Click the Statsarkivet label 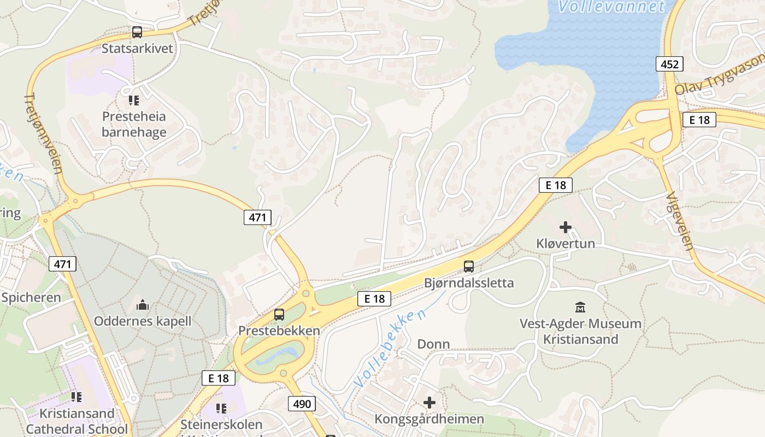[x=137, y=48]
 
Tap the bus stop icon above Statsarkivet [x=137, y=32]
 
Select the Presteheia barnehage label [x=134, y=124]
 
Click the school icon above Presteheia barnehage [x=134, y=101]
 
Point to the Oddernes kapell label [x=143, y=321]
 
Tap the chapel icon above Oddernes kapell [x=143, y=305]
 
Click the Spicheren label [x=31, y=298]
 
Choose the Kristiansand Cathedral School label [x=76, y=421]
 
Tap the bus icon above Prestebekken [x=279, y=315]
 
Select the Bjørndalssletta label [x=469, y=283]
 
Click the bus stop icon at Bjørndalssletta [x=469, y=267]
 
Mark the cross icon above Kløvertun [x=566, y=227]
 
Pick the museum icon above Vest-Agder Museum [x=580, y=308]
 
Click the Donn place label [x=433, y=344]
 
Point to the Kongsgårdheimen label [x=429, y=419]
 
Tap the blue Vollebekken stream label [x=390, y=349]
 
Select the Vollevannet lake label [x=611, y=7]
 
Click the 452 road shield [x=669, y=64]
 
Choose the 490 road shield [x=301, y=404]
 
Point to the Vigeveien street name [x=680, y=221]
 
